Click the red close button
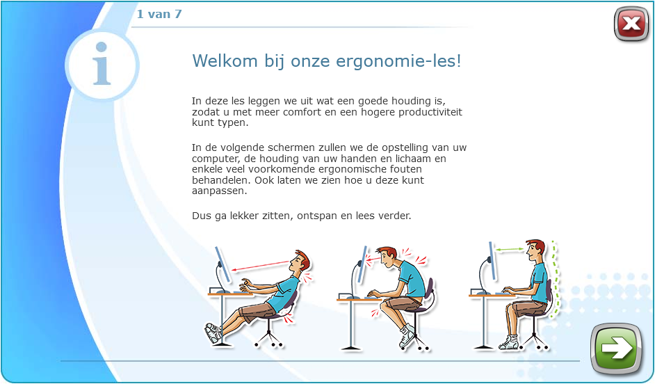[631, 24]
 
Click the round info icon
[102, 65]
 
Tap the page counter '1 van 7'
[159, 14]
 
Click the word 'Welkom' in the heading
[225, 61]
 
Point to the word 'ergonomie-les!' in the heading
[398, 62]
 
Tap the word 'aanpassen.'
[220, 191]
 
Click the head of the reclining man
[299, 262]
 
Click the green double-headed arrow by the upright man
[509, 250]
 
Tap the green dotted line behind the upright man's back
[555, 279]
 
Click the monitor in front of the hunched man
[362, 264]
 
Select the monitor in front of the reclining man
[223, 264]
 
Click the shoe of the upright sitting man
[508, 343]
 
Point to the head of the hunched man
[387, 257]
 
